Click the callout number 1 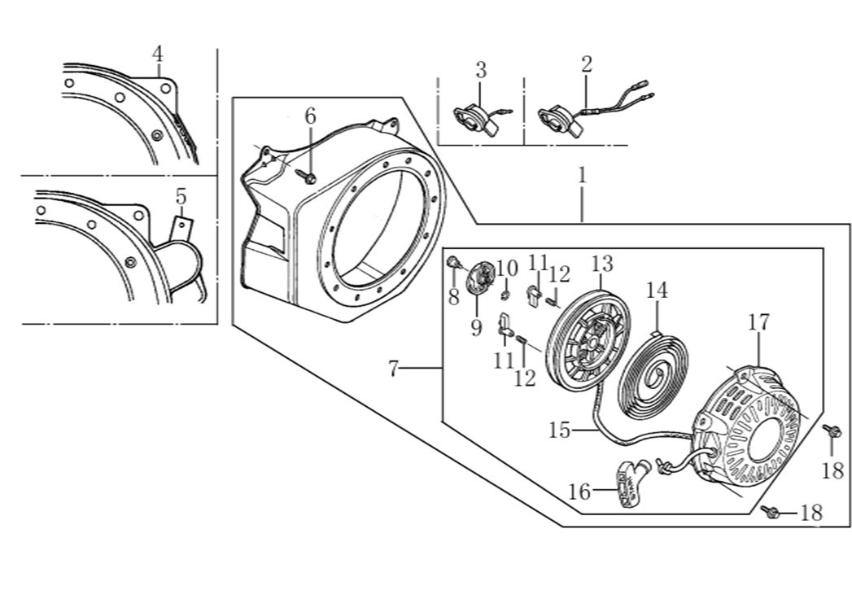582,175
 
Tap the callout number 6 310,116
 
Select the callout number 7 393,370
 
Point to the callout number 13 601,264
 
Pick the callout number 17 758,322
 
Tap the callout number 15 560,430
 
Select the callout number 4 158,55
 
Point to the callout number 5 181,196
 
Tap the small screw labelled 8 452,262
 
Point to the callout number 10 507,268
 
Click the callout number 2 587,64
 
